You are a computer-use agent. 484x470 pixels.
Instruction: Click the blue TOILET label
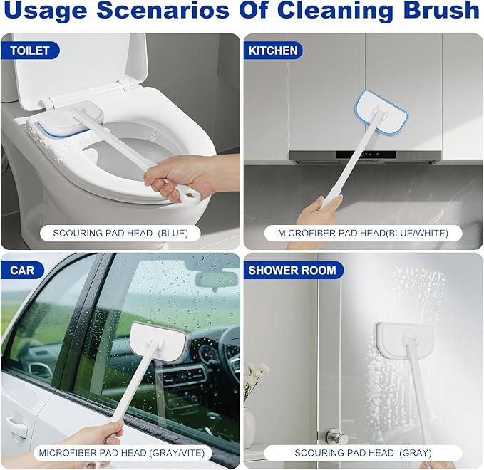click(x=30, y=51)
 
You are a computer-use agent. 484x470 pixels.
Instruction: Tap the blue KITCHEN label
click(x=273, y=51)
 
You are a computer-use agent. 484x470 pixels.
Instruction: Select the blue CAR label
click(x=22, y=271)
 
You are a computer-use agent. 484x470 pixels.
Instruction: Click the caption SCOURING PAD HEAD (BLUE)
click(x=120, y=233)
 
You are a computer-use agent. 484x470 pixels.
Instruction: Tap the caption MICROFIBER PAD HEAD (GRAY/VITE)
click(x=120, y=452)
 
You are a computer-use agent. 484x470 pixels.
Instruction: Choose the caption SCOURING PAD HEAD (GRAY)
click(x=363, y=452)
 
